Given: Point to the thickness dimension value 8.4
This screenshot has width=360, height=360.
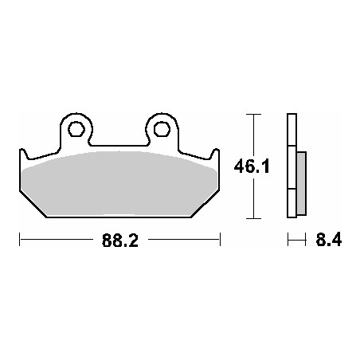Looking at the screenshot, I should [329, 239].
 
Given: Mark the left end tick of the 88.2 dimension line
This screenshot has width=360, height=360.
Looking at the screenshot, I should [18, 238].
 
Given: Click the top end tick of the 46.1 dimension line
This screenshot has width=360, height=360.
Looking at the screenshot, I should [253, 116].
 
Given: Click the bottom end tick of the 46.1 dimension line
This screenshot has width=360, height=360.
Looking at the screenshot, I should [253, 217].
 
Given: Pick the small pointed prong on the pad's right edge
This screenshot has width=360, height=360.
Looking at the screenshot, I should [216, 151].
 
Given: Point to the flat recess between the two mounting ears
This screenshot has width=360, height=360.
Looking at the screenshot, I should [118, 144].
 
